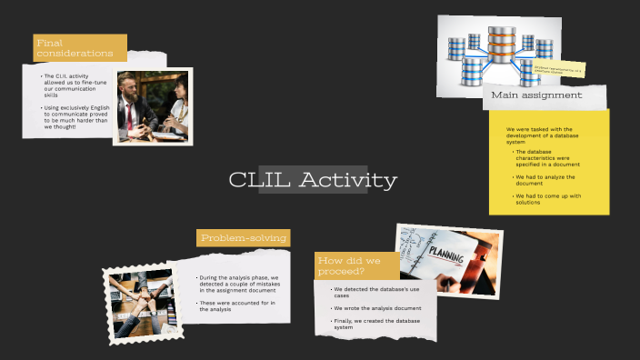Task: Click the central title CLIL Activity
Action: click(313, 180)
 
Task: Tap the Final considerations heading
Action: click(75, 48)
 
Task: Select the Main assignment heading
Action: click(536, 95)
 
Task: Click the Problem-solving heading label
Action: click(244, 238)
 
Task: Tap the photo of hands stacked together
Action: click(139, 304)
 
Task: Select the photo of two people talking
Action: click(153, 106)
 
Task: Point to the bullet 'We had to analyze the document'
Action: click(545, 180)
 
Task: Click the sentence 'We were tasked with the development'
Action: click(539, 135)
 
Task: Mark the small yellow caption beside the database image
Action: click(558, 68)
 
